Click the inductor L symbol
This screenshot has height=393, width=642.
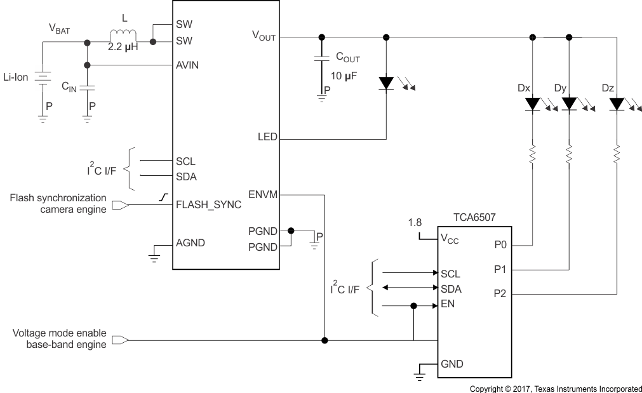[123, 36]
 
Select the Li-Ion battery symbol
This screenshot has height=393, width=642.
[43, 78]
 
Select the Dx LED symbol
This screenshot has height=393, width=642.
[532, 103]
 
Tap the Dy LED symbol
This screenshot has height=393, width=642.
[569, 103]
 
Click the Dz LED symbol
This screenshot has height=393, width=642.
[615, 103]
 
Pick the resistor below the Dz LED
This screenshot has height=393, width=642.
[615, 153]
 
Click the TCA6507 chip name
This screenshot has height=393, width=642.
[475, 217]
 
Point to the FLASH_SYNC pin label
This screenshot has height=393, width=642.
[208, 204]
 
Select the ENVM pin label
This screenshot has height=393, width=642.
[263, 195]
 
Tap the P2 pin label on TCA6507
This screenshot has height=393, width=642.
[500, 293]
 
